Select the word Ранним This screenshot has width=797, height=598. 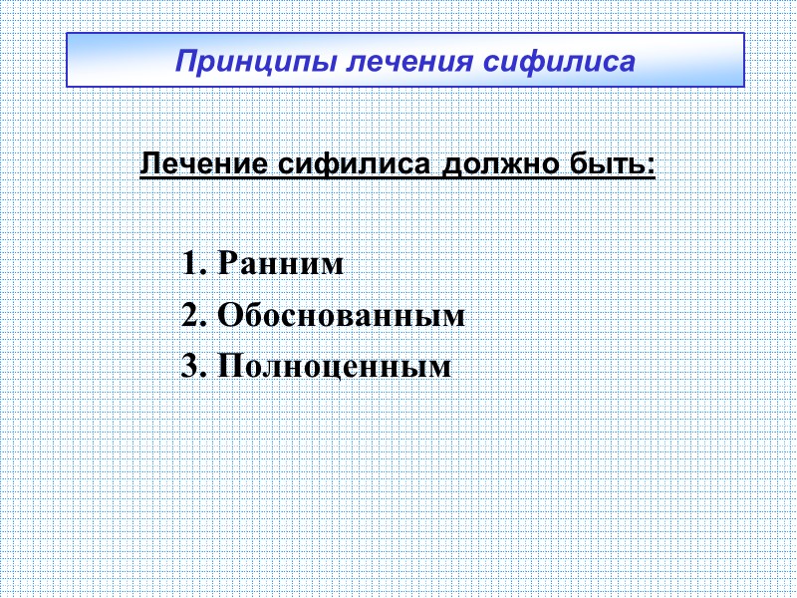281,265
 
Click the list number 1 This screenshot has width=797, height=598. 191,265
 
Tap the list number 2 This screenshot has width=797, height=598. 191,316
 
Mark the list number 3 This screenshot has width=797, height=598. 191,367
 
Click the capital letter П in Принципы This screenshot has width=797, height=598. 184,61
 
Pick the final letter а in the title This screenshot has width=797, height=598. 627,63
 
